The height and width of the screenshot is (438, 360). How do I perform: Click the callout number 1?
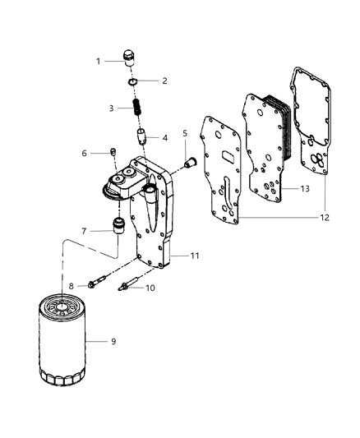(99, 61)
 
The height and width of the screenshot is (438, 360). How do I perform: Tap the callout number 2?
(164, 81)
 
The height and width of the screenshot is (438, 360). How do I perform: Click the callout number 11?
(194, 256)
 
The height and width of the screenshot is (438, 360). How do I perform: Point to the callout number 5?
(186, 132)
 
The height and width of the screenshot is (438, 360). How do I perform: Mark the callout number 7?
(84, 231)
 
